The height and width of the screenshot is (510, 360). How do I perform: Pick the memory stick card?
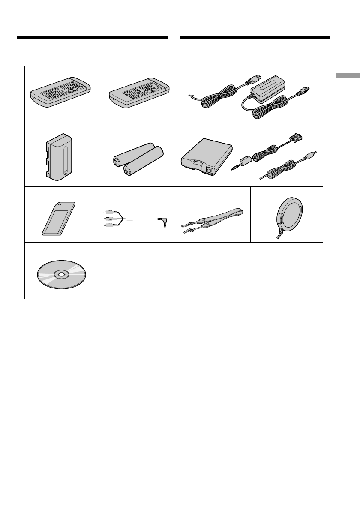tap(59, 219)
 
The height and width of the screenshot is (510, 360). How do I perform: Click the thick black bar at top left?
tap(92, 38)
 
